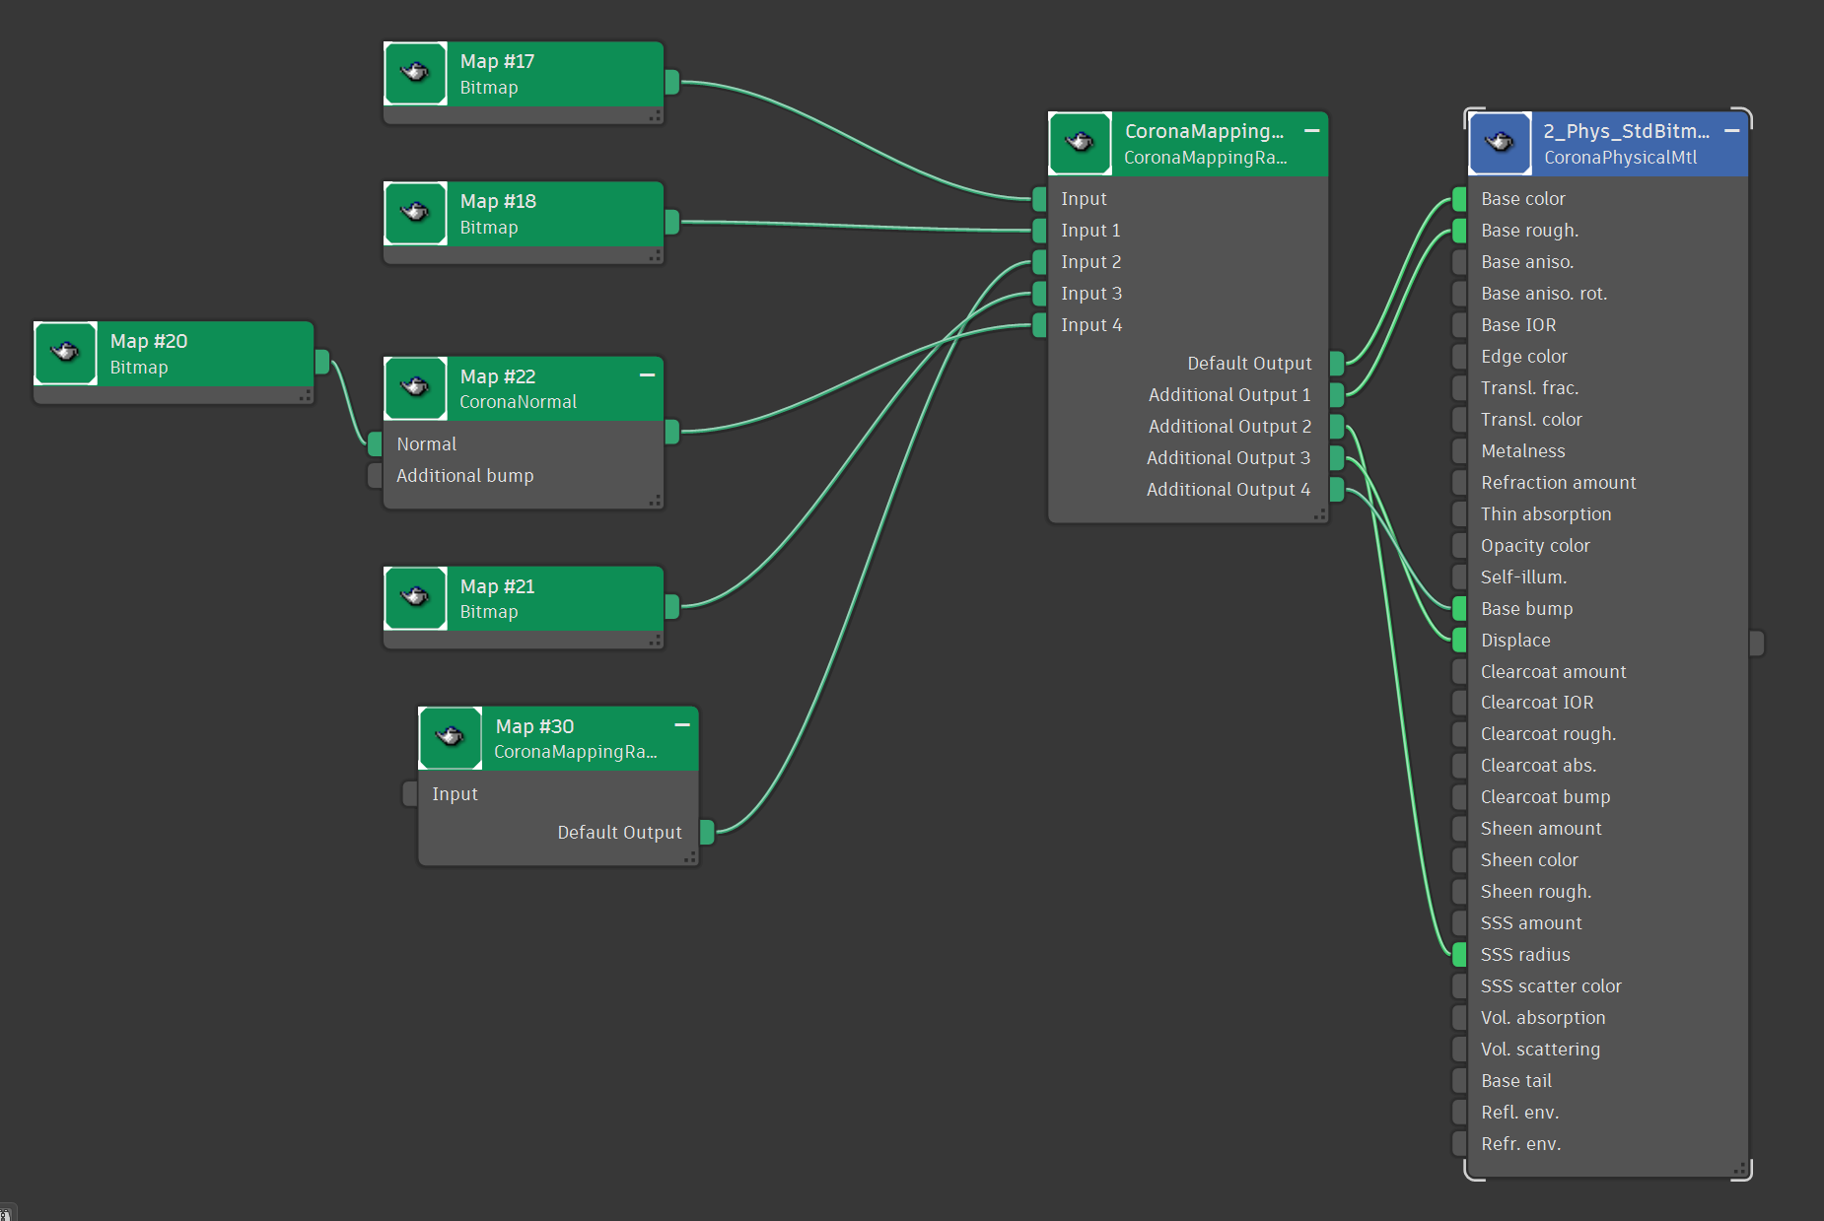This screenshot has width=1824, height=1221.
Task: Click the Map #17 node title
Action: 497,61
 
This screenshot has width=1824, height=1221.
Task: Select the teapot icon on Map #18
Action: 416,213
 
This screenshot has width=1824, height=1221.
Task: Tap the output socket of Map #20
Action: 322,362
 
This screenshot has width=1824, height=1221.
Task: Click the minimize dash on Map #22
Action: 647,375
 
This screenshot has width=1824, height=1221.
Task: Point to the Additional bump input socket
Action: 375,475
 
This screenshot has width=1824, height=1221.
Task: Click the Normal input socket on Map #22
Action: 375,443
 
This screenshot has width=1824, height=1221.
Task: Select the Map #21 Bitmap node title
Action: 497,586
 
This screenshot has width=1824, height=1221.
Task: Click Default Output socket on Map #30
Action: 707,832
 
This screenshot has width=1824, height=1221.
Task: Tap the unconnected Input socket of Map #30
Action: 410,793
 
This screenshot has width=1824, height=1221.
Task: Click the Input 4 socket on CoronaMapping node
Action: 1039,324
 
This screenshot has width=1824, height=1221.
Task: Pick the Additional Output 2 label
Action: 1229,426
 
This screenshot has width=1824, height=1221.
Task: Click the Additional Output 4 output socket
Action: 1337,489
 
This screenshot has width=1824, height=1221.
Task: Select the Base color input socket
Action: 1459,198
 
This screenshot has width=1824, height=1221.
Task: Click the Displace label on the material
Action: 1515,640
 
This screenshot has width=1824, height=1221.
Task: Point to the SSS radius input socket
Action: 1459,954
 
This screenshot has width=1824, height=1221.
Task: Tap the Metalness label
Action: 1523,450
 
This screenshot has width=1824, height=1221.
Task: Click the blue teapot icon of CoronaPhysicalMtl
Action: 1501,143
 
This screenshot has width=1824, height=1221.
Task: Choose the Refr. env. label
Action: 1520,1143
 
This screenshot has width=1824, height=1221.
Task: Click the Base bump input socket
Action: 1459,608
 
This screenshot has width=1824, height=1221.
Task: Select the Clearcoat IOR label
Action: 1537,702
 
